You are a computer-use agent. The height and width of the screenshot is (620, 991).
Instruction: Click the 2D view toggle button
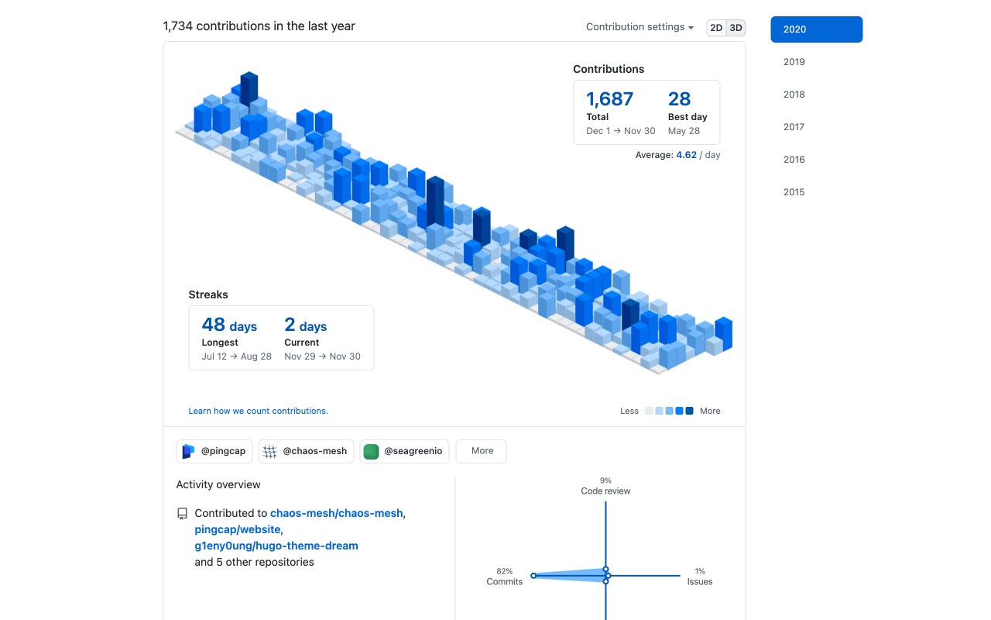716,28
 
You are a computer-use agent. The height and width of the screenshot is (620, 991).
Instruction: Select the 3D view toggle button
736,28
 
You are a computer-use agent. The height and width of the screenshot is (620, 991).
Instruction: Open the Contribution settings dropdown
640,27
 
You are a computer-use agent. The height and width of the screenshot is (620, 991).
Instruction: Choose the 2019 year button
794,62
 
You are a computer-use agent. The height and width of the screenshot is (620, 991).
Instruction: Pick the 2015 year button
794,192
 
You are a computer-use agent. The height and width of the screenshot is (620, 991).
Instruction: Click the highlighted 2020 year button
816,29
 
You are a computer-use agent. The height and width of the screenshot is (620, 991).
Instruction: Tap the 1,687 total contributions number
609,99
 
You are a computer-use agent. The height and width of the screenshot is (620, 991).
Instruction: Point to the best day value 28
679,99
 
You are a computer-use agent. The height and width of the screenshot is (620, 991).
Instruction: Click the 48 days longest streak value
229,325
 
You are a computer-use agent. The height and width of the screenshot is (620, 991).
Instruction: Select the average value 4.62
686,155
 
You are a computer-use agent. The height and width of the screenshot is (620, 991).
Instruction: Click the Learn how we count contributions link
258,411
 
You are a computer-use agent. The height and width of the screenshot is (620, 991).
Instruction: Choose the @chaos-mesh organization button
306,451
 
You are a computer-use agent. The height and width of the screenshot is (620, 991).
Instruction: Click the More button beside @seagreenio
482,451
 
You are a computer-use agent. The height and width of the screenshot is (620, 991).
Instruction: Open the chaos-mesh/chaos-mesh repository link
337,513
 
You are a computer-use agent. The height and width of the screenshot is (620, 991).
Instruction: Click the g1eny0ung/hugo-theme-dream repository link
276,546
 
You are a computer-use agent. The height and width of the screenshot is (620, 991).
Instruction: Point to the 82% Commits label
504,577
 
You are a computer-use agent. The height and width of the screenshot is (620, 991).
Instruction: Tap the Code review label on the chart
605,491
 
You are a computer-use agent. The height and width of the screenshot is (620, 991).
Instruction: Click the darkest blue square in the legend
689,411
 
